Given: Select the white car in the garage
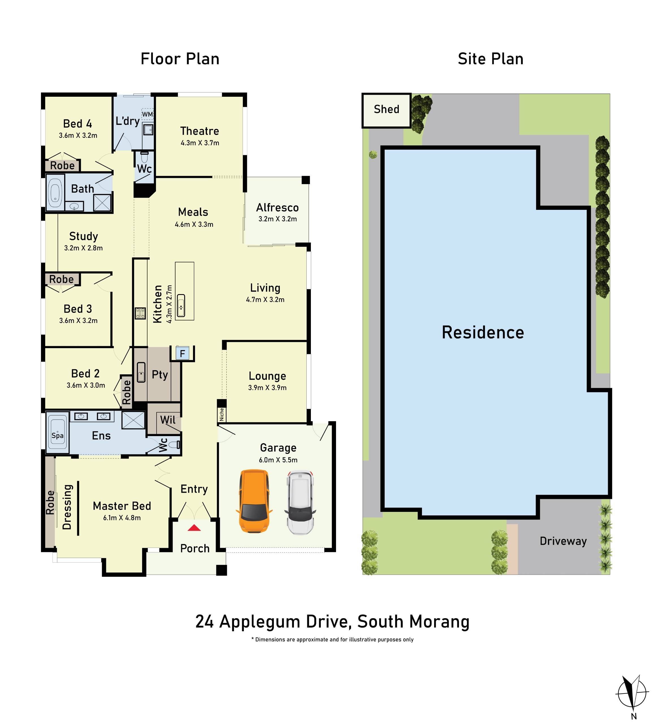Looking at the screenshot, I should click(x=300, y=502).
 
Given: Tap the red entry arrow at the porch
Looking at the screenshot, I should click(x=194, y=528).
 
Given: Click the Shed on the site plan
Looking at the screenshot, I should click(x=386, y=110).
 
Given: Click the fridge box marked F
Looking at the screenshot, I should click(x=182, y=354).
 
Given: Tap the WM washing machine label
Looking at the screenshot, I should click(x=147, y=114).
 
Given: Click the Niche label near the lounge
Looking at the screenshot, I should click(x=221, y=414).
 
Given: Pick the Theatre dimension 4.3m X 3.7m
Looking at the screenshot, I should click(x=200, y=143).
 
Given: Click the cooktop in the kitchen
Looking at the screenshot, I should click(x=140, y=313).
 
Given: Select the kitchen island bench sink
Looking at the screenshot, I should click(x=181, y=305).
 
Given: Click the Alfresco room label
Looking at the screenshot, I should click(x=277, y=208).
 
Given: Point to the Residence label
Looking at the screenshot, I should click(x=482, y=333).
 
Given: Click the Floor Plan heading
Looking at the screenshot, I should click(x=180, y=59).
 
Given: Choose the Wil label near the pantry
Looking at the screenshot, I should click(x=167, y=420).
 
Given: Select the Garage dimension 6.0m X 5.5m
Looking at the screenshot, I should click(x=278, y=460).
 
